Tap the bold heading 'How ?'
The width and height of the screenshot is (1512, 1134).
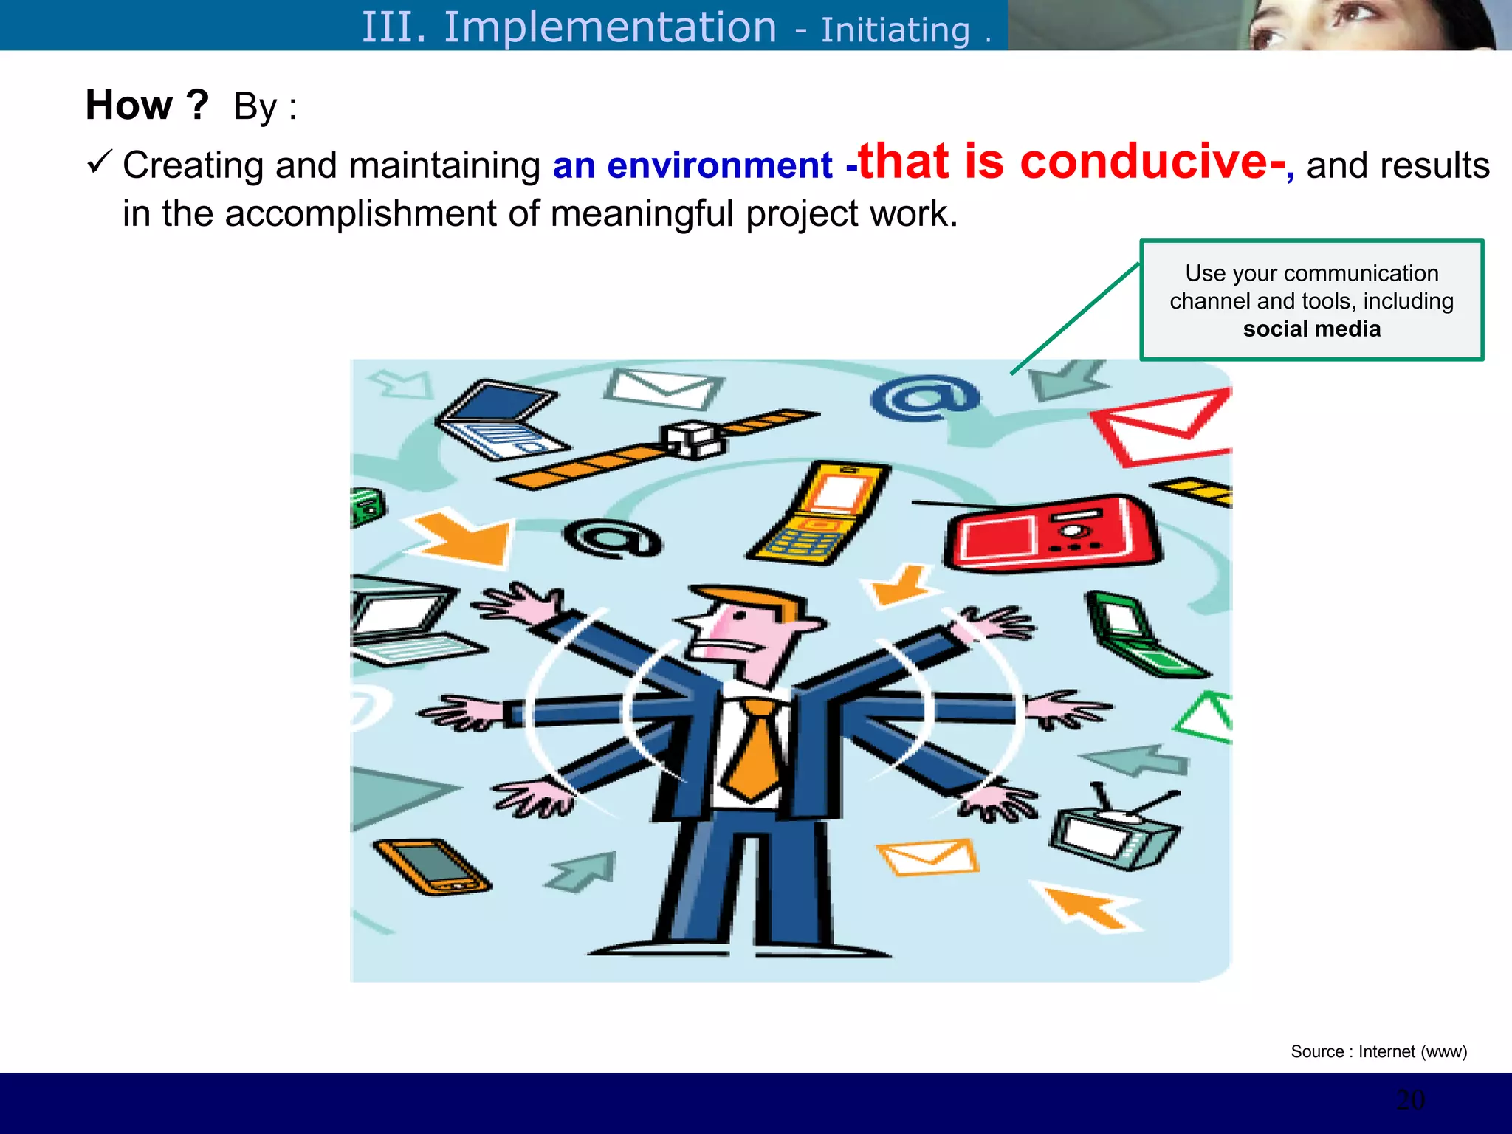click(x=147, y=105)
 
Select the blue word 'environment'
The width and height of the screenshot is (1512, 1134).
click(x=719, y=165)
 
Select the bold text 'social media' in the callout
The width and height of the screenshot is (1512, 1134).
click(x=1311, y=329)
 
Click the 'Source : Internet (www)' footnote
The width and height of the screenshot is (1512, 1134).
click(x=1378, y=1051)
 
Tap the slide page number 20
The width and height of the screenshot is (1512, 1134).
click(x=1410, y=1100)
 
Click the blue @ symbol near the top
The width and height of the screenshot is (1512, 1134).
click(x=924, y=398)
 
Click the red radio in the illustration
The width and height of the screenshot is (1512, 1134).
click(x=1052, y=533)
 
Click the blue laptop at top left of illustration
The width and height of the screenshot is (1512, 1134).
click(x=498, y=418)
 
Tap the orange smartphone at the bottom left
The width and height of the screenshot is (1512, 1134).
click(x=432, y=867)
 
